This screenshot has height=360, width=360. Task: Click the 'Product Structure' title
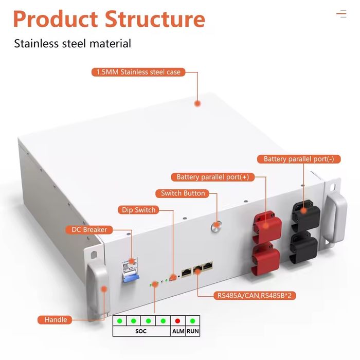coord(109,20)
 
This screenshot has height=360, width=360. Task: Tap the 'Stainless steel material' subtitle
coord(73,44)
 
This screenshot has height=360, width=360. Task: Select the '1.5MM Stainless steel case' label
coord(138,72)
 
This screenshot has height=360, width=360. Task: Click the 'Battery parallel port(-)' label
coord(299,159)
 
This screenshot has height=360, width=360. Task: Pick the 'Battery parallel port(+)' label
coord(212,177)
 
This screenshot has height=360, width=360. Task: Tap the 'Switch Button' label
coord(183,193)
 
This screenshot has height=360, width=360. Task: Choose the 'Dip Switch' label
coord(138,210)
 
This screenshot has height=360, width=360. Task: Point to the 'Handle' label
coord(56,320)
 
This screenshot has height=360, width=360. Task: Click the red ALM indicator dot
coord(177,321)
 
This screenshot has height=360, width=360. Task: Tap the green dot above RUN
coord(192,321)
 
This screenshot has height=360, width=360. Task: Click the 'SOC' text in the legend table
coord(141,332)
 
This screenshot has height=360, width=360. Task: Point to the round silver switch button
coord(217,225)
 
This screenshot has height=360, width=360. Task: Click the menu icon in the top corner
coord(341,14)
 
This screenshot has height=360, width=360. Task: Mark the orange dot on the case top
coord(197,103)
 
